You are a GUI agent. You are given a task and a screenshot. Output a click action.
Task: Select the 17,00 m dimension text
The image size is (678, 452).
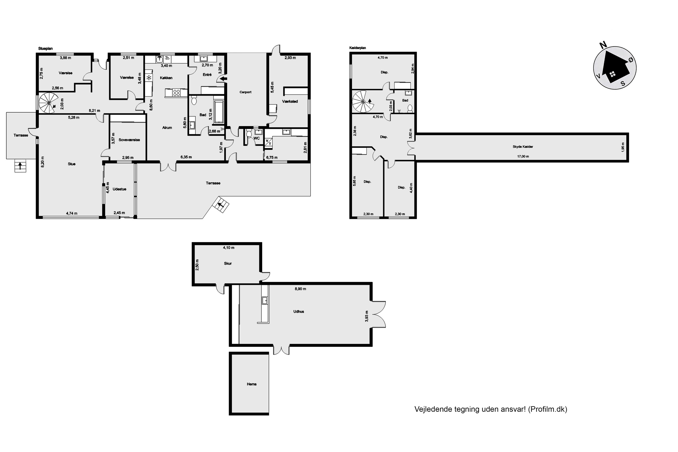pos(523,157)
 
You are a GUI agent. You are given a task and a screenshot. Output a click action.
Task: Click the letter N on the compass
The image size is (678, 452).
pos(603,45)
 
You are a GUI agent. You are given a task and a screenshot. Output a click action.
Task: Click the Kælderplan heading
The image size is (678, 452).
pos(358,48)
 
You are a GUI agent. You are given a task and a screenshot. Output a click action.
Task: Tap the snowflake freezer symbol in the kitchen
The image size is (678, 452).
pos(149,78)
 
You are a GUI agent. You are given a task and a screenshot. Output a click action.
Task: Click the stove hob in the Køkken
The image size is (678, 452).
pos(177,92)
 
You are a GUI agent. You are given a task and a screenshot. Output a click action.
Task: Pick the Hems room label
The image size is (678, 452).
pos(252,384)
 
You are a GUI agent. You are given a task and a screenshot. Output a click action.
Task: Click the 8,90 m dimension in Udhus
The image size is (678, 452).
pos(300,289)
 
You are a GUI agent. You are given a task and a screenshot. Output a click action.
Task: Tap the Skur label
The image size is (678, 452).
pos(228,264)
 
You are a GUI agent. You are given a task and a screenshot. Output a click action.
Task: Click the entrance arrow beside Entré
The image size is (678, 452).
pos(223,78)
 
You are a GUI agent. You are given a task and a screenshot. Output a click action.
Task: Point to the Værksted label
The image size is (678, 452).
pos(290,101)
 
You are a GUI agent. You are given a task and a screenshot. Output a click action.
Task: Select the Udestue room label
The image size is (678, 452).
pos(119,189)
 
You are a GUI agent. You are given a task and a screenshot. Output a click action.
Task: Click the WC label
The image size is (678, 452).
pos(257,138)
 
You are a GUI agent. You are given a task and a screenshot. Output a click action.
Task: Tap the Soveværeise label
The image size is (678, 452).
pos(129,140)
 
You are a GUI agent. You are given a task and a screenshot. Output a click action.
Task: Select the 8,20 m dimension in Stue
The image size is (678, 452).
pos(43,162)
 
